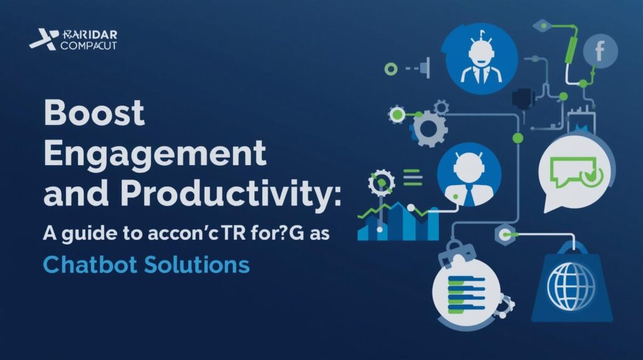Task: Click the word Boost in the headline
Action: pos(95,114)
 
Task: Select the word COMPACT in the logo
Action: pos(89,46)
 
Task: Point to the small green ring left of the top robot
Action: pos(392,68)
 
